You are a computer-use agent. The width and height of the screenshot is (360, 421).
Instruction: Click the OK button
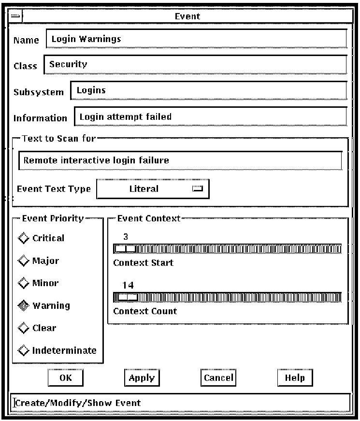(65, 378)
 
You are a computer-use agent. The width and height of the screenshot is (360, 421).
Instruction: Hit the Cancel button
(218, 378)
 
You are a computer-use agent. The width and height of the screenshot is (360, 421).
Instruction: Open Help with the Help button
(295, 378)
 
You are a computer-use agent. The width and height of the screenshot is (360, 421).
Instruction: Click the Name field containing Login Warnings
(196, 39)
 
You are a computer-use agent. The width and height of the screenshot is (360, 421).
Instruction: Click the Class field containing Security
(195, 65)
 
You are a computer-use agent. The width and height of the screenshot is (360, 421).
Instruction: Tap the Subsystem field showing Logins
(208, 90)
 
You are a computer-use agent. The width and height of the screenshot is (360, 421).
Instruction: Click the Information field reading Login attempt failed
(210, 116)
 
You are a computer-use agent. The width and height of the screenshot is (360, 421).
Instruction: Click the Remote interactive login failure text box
(180, 160)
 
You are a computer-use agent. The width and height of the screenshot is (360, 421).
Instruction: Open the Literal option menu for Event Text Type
(153, 189)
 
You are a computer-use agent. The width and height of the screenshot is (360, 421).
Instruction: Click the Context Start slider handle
(126, 249)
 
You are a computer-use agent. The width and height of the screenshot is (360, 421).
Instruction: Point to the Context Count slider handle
(128, 297)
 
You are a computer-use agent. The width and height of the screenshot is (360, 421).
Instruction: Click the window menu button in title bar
(15, 16)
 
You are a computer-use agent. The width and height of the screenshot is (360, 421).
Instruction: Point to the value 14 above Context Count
(128, 285)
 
